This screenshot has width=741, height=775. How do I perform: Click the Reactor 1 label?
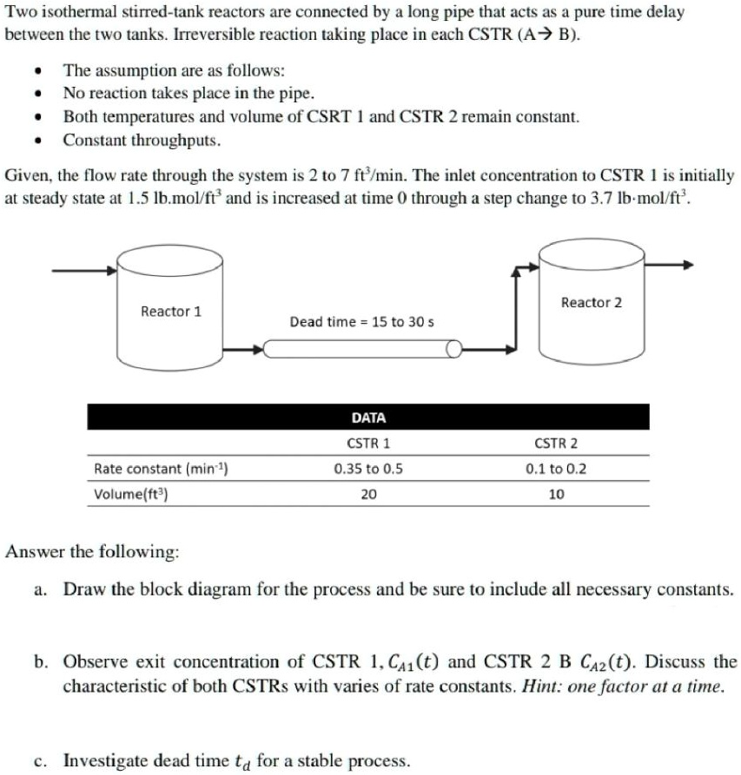[171, 311]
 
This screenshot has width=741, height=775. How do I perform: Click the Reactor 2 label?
[592, 302]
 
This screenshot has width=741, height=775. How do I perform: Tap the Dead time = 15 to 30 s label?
[361, 322]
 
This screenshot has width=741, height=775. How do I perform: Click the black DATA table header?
[368, 417]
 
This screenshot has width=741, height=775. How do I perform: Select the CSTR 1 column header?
[368, 443]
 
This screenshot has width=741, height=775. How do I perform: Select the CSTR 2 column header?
[556, 443]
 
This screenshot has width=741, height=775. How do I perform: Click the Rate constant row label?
[161, 470]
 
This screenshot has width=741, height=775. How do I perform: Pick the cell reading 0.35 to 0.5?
[368, 470]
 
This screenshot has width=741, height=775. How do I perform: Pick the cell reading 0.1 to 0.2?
[556, 470]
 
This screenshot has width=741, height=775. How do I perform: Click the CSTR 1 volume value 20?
[368, 495]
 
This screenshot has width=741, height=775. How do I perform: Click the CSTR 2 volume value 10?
[556, 495]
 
